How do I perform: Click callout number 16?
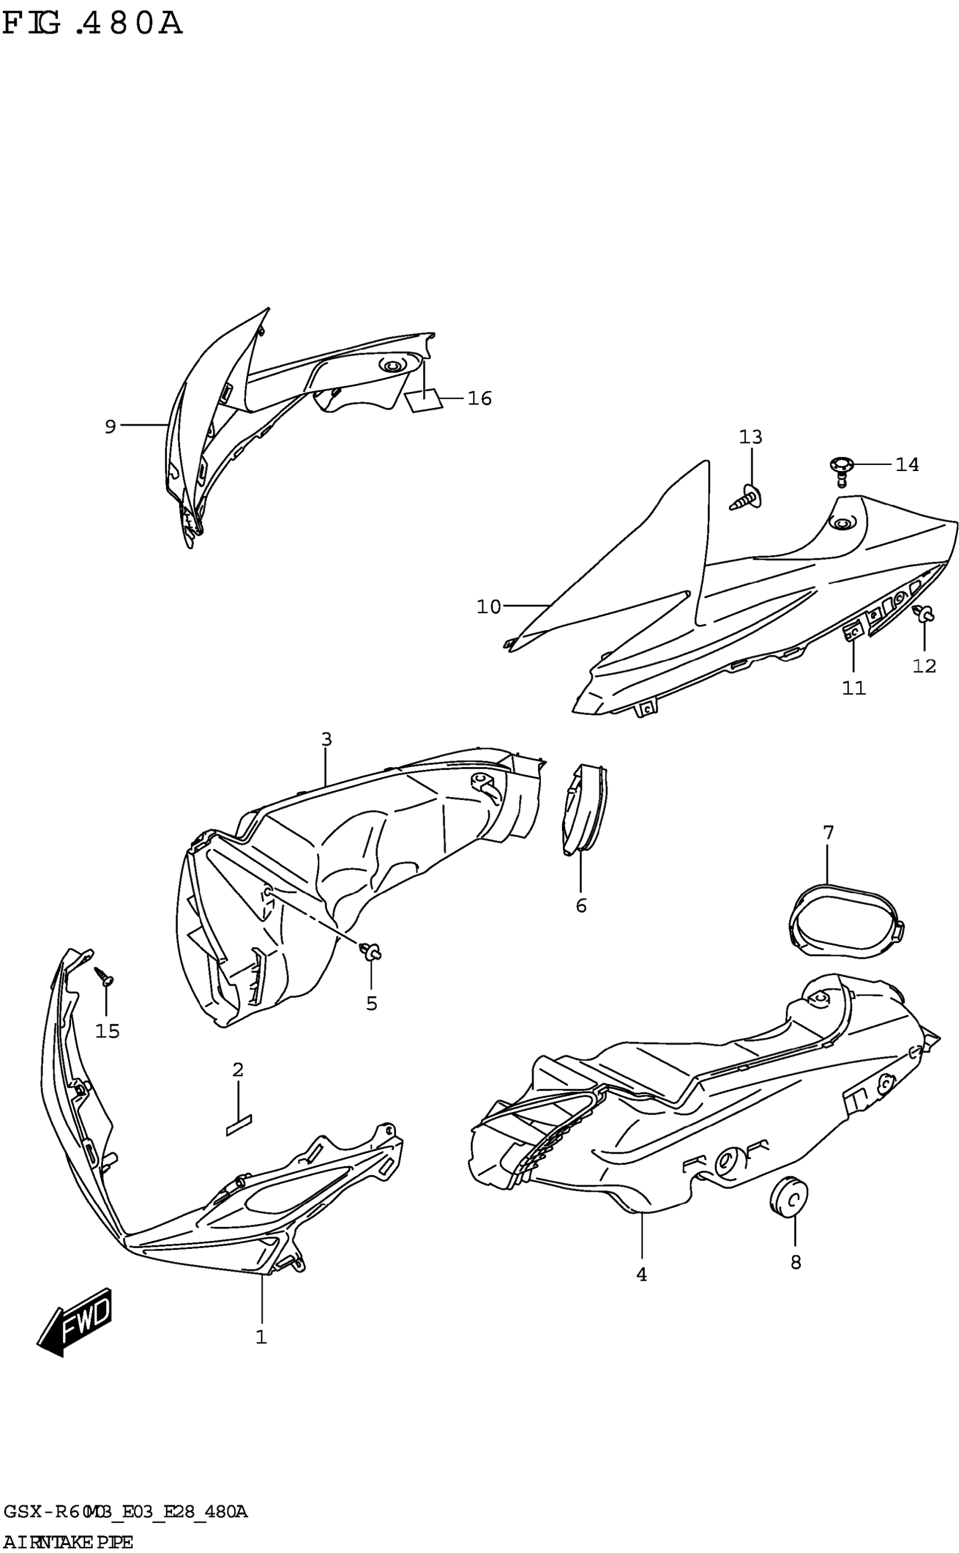click(x=479, y=398)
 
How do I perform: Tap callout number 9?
click(x=111, y=427)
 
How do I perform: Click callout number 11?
click(x=854, y=688)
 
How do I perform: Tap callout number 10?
click(x=489, y=607)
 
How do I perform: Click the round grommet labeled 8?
click(x=789, y=1196)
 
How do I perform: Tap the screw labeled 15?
click(x=103, y=976)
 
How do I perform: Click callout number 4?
click(x=642, y=1275)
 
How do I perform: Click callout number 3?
click(x=326, y=740)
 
